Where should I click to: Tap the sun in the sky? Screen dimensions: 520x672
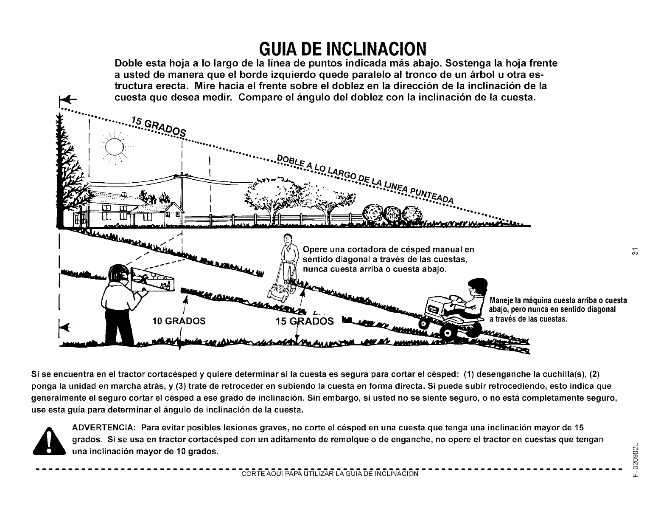[x=113, y=147]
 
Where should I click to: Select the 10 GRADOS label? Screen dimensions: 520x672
[x=179, y=321]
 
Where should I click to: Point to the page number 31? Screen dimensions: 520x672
[x=635, y=251]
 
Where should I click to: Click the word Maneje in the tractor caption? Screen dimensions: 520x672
[x=502, y=301]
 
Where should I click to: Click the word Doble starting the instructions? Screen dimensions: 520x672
[x=129, y=64]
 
